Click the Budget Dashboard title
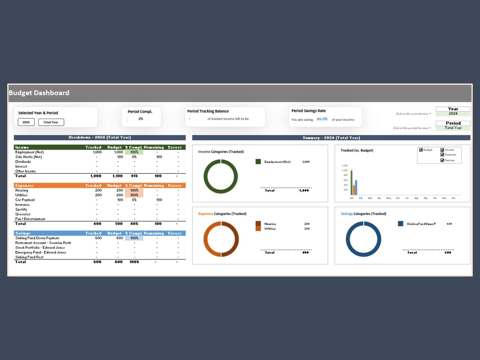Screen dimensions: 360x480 (39, 93)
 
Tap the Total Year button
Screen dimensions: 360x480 (51, 122)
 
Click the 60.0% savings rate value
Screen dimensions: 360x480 (322, 119)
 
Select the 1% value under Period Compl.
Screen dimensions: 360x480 (141, 119)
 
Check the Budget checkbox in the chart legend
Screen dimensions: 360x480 (421, 150)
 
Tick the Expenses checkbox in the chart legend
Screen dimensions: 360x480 (442, 155)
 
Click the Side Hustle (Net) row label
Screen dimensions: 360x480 (29, 157)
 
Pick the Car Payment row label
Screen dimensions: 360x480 (25, 200)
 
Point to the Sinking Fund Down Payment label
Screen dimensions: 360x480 (37, 238)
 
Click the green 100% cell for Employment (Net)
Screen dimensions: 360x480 (134, 152)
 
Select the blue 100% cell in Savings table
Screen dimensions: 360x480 (134, 238)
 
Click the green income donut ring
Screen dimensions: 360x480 (205, 177)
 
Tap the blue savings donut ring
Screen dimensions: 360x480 (348, 239)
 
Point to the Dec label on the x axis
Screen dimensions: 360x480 (453, 198)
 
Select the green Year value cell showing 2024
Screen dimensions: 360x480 (453, 114)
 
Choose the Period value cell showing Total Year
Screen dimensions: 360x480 (453, 128)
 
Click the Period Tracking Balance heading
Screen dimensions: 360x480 (208, 111)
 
